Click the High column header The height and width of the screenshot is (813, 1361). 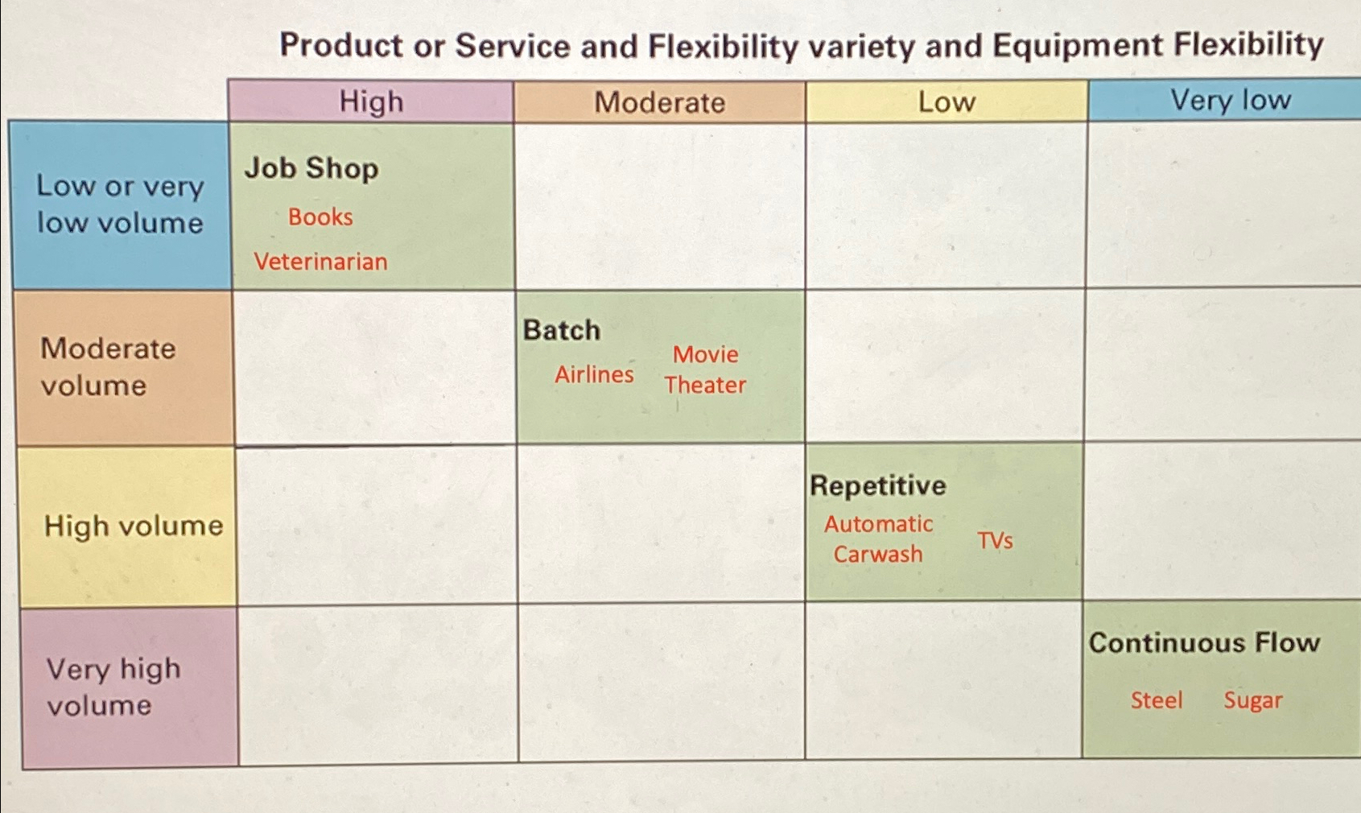coord(371,101)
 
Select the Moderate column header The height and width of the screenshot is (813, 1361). coord(660,102)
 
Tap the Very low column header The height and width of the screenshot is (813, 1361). coord(1231,100)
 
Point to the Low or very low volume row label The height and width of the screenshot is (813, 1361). coord(120,204)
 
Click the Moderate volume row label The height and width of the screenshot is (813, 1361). coord(108,367)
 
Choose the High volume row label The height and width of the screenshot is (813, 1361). coord(134,526)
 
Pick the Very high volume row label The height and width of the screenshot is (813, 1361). coord(113,687)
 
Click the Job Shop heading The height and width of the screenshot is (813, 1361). coord(311,167)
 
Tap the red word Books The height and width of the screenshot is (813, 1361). coord(320,217)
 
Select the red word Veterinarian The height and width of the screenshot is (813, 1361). coord(320,262)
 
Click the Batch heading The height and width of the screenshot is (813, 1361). coord(562,331)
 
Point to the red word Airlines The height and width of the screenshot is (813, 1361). coord(594,374)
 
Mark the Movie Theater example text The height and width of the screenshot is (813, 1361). coord(705,370)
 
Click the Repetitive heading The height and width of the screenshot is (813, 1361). coord(878,485)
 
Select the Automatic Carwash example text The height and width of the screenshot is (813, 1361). coord(878,539)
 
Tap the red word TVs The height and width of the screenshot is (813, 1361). coord(996,540)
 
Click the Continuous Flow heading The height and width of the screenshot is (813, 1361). coord(1204,643)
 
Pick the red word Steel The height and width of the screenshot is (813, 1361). coord(1157,700)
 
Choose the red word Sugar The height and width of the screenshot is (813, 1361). coord(1253,700)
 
